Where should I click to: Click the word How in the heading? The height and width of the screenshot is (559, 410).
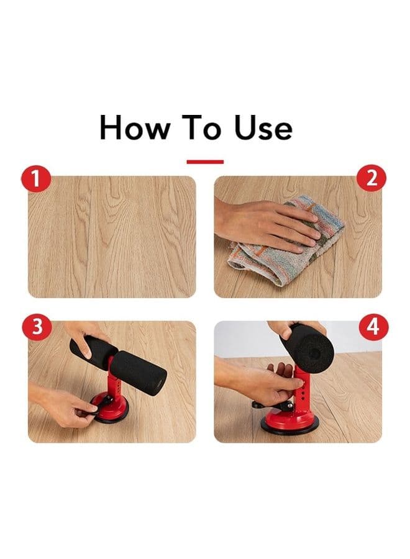point(134,127)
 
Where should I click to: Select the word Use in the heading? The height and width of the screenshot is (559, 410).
point(263,127)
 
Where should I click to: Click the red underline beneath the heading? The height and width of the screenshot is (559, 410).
point(205,162)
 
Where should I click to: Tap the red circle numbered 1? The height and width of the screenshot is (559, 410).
point(36,179)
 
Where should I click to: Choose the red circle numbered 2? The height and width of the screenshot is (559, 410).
point(371,178)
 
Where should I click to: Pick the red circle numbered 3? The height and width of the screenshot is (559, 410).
point(37,327)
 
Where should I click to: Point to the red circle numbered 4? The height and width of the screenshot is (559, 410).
point(373,327)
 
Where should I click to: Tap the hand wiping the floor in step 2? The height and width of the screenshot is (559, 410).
point(267,225)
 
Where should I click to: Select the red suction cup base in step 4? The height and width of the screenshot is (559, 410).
point(289,421)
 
